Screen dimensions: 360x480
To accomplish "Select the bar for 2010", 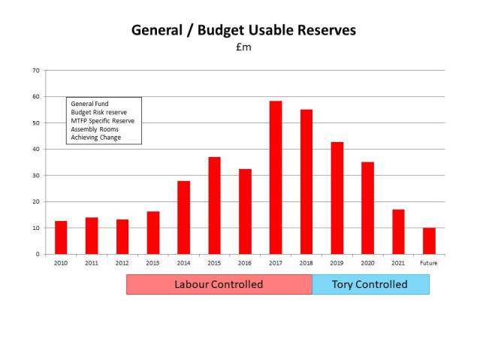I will tap(61, 237).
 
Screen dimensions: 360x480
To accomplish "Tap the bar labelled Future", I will tap(429, 241).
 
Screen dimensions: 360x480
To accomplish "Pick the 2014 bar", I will tap(183, 217).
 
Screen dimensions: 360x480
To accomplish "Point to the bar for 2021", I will tap(398, 231).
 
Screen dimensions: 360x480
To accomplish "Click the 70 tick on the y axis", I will tap(35, 71).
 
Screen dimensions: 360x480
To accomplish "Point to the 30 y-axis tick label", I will tap(35, 175).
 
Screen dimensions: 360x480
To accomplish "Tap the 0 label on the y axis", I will tap(38, 254).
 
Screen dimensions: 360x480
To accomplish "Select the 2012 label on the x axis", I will tap(122, 263).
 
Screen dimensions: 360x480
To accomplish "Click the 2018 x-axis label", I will tap(306, 263).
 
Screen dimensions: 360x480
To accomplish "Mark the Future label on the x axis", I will tap(429, 263).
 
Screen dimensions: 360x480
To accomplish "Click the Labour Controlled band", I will tap(219, 284).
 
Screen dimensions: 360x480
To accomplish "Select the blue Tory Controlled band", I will tap(370, 284).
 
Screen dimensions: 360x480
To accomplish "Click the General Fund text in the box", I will tap(88, 104).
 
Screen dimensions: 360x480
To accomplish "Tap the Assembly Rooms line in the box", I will tap(94, 129).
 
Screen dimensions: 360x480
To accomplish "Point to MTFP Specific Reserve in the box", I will tap(100, 121).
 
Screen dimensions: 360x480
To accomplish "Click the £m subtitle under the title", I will tap(243, 48).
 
